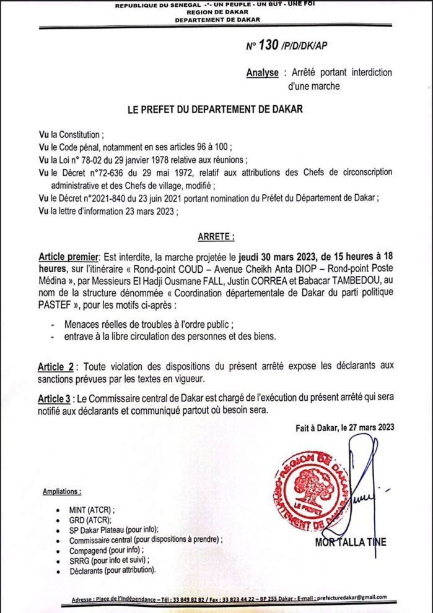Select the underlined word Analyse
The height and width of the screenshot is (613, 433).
[263, 73]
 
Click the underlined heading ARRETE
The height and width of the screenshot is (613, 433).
[215, 236]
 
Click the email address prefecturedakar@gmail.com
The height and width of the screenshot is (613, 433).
[351, 598]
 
